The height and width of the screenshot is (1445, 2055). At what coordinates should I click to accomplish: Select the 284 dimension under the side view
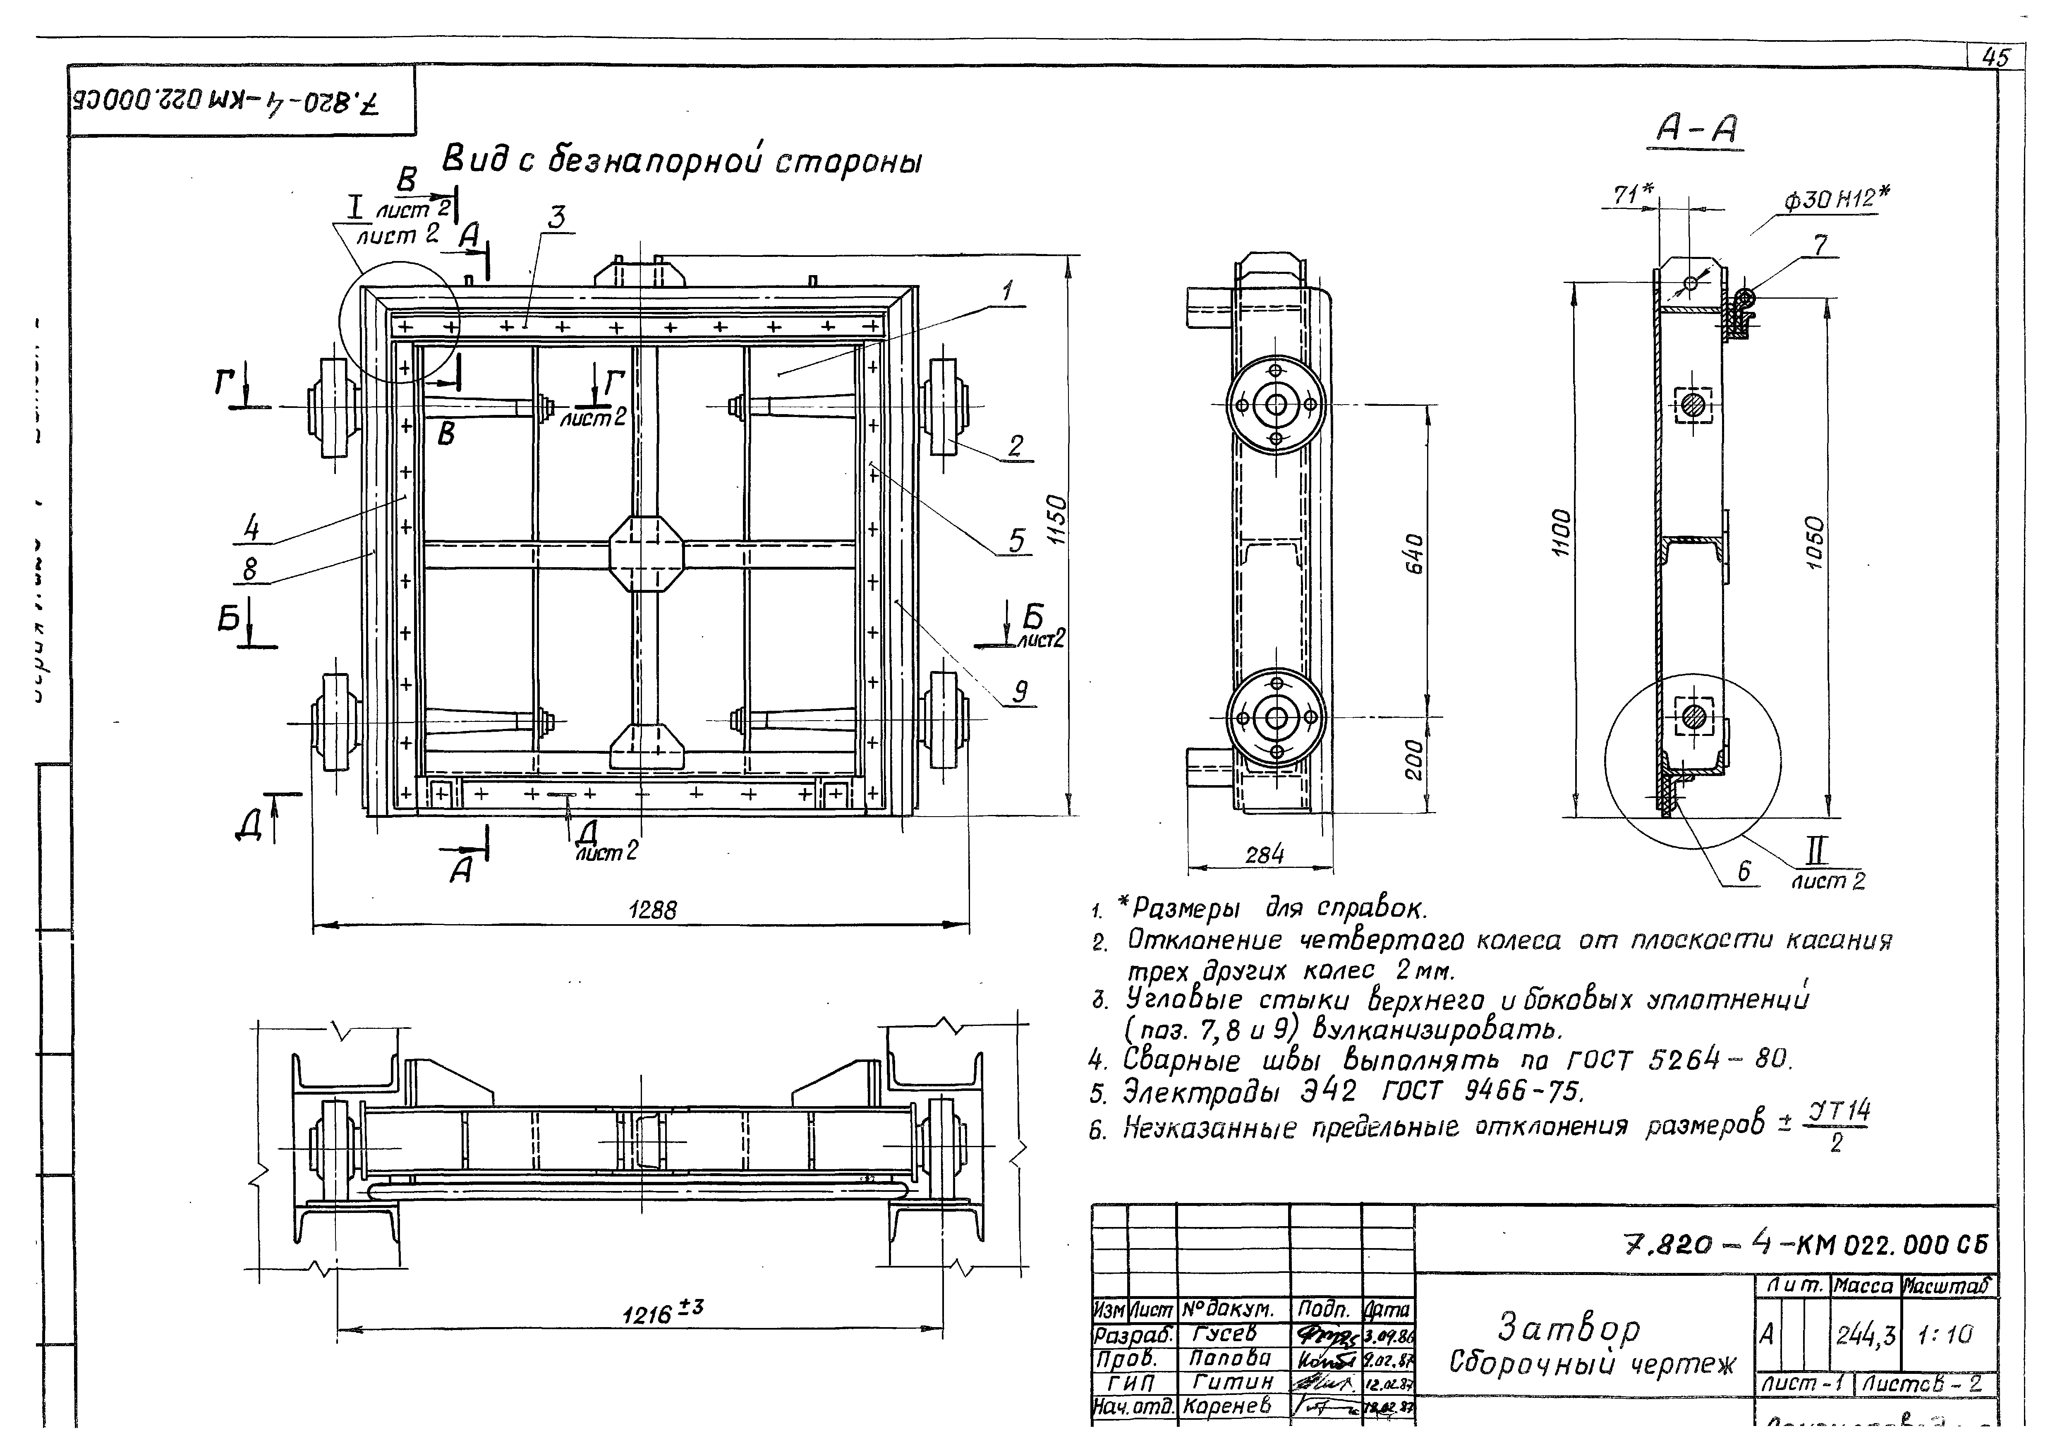pyautogui.click(x=1264, y=855)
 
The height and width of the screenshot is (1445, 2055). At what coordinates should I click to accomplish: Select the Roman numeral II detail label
pyautogui.click(x=1819, y=849)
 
